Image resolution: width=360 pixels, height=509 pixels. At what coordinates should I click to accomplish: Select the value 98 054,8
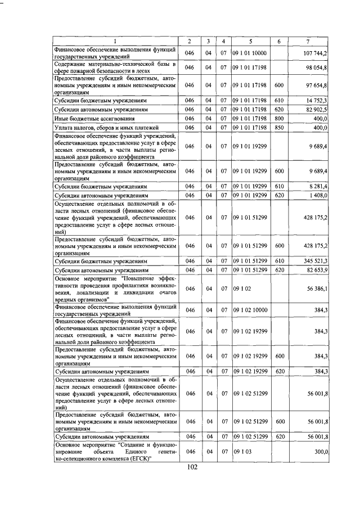(317, 67)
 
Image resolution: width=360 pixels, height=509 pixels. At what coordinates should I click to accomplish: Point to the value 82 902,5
(317, 109)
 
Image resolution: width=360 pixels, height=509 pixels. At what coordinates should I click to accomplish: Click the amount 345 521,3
(316, 262)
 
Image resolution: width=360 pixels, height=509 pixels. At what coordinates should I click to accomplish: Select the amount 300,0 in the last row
(321, 452)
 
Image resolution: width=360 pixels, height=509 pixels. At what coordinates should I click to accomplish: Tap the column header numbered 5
(250, 42)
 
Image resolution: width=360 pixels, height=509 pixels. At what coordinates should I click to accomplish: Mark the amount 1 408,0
(318, 195)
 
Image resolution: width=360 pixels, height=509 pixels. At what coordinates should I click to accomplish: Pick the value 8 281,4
(318, 186)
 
